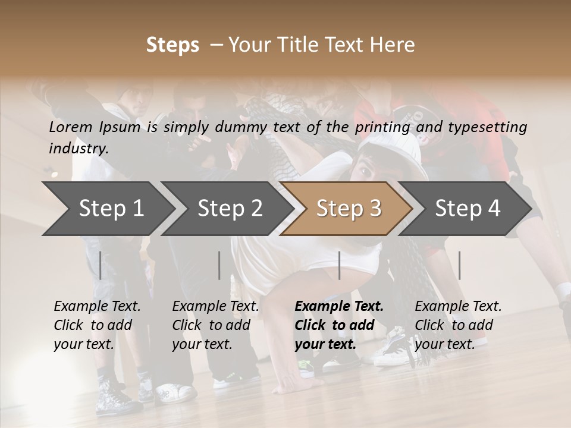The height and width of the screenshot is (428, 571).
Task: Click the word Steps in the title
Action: [172, 45]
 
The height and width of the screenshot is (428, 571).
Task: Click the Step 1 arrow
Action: [107, 209]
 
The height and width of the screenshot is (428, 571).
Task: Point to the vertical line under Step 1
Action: [101, 265]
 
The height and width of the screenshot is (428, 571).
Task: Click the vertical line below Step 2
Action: [219, 265]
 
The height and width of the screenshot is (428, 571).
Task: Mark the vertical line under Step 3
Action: [339, 265]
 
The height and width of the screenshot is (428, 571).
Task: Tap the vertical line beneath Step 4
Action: [459, 265]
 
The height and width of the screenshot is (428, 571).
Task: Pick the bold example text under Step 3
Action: [338, 325]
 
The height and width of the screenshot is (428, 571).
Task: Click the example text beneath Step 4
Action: [458, 325]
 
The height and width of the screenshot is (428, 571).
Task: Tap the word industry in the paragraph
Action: [79, 149]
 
